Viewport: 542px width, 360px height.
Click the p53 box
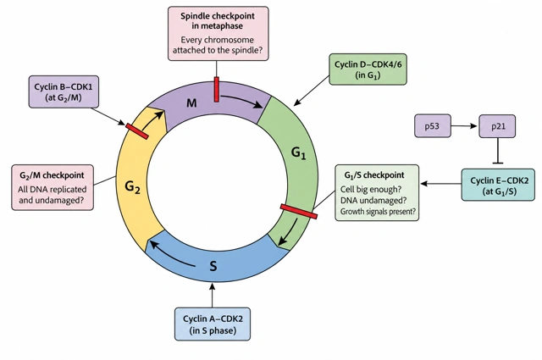(433, 126)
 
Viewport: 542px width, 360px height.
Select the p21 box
(497, 126)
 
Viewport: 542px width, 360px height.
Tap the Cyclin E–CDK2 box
(498, 185)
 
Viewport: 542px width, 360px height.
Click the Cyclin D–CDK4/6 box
(368, 69)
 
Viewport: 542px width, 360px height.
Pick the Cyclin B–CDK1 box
(64, 91)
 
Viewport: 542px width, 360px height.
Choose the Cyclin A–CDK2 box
(213, 324)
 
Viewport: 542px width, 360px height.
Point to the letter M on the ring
(191, 102)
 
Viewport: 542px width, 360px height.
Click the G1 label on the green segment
(299, 152)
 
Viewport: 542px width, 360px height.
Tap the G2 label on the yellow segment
(132, 187)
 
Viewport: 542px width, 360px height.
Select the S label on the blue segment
(213, 266)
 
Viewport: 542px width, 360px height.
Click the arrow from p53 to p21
(465, 126)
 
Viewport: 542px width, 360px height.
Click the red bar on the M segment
(217, 89)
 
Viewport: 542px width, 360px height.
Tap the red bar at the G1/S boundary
(299, 211)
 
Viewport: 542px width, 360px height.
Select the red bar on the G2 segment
(137, 131)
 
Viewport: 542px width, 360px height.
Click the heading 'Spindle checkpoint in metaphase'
(218, 20)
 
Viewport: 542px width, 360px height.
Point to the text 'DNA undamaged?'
(373, 200)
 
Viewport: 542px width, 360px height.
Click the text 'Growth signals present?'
(378, 211)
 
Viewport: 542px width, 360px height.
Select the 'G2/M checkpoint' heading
(52, 175)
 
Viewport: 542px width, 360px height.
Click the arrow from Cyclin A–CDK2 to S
(213, 295)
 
